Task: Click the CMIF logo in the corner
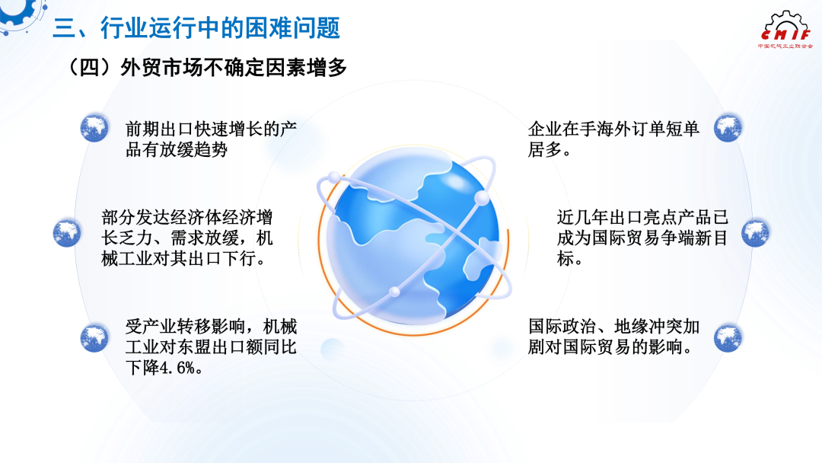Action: pyautogui.click(x=785, y=30)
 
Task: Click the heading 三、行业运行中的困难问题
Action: pyautogui.click(x=196, y=27)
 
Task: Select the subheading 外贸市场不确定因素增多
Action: pyautogui.click(x=234, y=68)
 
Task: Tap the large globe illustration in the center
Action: pyautogui.click(x=413, y=239)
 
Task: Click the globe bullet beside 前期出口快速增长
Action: pyautogui.click(x=94, y=127)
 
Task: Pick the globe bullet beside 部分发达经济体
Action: pyautogui.click(x=67, y=232)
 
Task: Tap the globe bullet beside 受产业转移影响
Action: pyautogui.click(x=94, y=337)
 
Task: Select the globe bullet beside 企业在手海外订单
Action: pyautogui.click(x=728, y=127)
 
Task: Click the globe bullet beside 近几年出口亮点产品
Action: pyautogui.click(x=756, y=232)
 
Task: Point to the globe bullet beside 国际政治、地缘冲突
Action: pyautogui.click(x=728, y=337)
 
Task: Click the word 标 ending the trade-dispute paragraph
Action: pyautogui.click(x=565, y=258)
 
